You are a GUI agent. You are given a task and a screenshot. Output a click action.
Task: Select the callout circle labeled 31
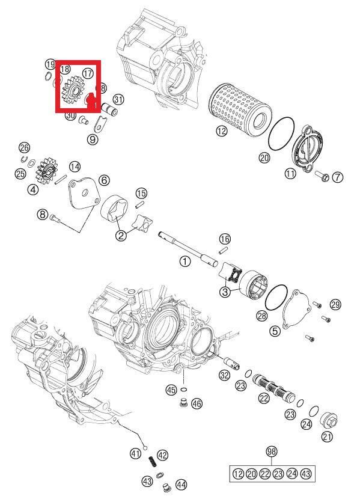pyautogui.click(x=118, y=99)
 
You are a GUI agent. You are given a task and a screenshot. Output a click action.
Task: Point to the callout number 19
pyautogui.click(x=50, y=64)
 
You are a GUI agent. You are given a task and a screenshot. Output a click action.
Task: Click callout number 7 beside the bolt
pyautogui.click(x=337, y=177)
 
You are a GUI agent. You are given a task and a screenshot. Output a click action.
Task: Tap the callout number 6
pyautogui.click(x=103, y=180)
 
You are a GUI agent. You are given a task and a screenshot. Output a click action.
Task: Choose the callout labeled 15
pyautogui.click(x=141, y=193)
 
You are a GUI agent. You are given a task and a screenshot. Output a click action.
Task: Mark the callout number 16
pyautogui.click(x=225, y=239)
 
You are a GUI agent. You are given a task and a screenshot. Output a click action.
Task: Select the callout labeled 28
pyautogui.click(x=261, y=316)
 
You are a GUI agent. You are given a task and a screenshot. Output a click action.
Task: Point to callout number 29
pyautogui.click(x=335, y=305)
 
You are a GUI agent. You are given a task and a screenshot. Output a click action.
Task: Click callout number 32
pyautogui.click(x=224, y=375)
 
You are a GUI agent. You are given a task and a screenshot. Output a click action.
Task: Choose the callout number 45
pyautogui.click(x=171, y=390)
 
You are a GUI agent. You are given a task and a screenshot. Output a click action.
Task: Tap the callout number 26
pyautogui.click(x=24, y=147)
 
